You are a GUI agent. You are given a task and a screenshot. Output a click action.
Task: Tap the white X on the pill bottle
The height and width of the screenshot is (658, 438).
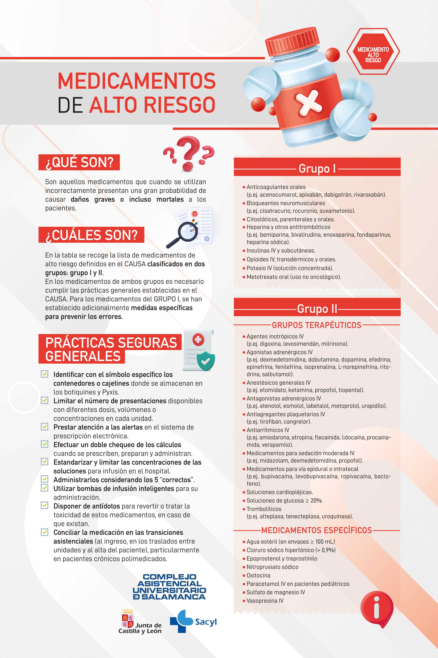[309, 103]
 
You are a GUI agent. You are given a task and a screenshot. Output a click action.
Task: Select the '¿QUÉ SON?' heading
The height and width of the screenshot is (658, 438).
[79, 162]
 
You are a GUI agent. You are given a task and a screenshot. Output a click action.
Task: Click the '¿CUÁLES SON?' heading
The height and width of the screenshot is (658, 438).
[91, 235]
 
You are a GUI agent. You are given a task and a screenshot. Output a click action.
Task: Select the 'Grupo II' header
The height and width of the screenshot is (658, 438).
[317, 309]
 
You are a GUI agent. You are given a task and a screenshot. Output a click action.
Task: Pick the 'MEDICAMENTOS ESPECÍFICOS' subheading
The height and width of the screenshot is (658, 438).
[316, 530]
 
